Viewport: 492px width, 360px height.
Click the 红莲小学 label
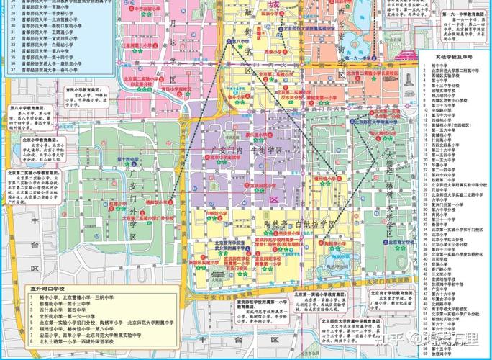click(118, 204)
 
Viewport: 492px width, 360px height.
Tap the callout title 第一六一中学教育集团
click(454, 15)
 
